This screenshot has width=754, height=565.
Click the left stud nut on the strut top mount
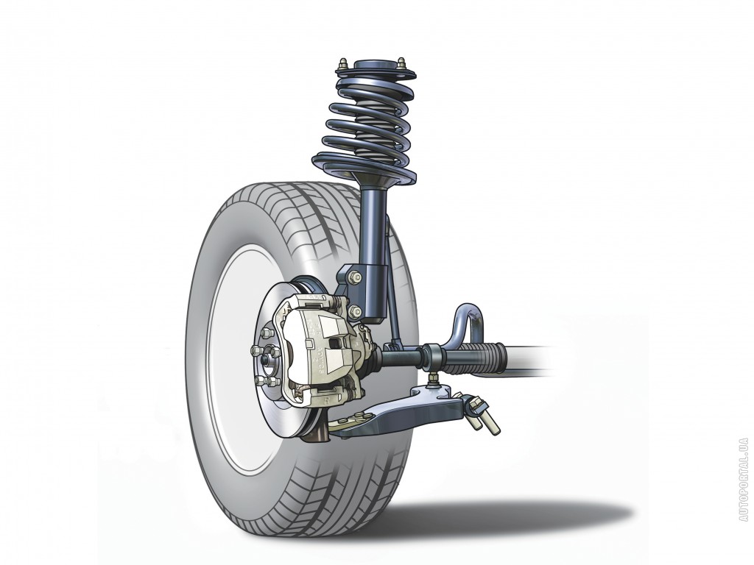[x=343, y=65]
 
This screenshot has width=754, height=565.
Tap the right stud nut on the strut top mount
[x=401, y=63]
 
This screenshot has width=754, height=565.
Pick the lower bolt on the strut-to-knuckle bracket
[x=356, y=311]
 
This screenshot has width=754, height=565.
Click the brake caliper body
[x=323, y=351]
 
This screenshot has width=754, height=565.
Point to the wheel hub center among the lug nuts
[x=265, y=359]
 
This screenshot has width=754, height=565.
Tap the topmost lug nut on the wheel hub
[x=266, y=333]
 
